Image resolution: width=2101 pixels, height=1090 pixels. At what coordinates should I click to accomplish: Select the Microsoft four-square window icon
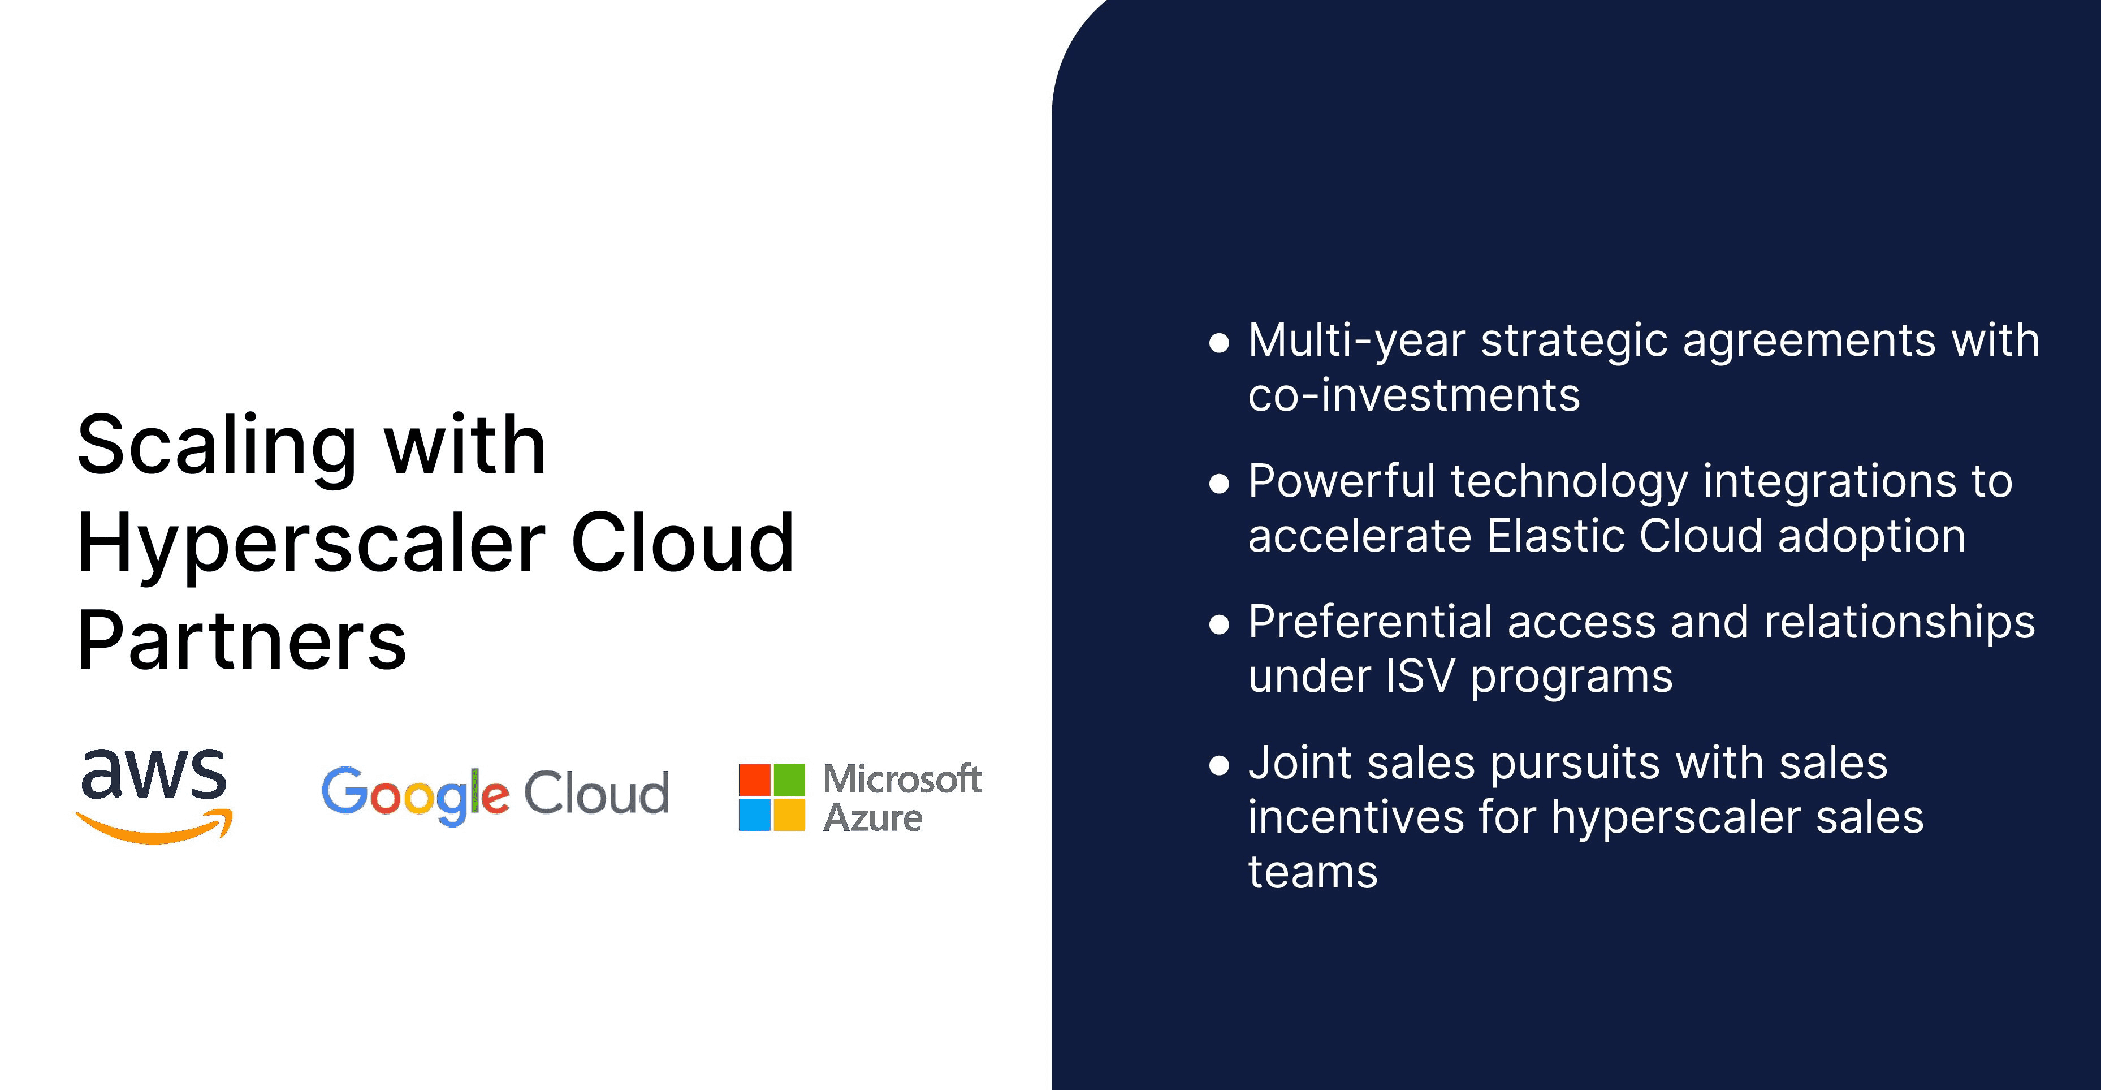tap(772, 797)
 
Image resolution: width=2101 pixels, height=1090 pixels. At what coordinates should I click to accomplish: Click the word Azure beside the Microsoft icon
tap(873, 817)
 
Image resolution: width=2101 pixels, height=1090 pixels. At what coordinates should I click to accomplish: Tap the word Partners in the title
tap(242, 640)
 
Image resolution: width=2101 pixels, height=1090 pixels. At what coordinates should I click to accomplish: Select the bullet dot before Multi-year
tap(1218, 343)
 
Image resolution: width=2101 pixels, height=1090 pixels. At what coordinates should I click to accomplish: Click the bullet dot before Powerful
tap(1218, 484)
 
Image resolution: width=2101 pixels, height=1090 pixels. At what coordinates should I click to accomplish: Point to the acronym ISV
tap(1421, 677)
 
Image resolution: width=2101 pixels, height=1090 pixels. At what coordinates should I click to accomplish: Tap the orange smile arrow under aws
tap(154, 828)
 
